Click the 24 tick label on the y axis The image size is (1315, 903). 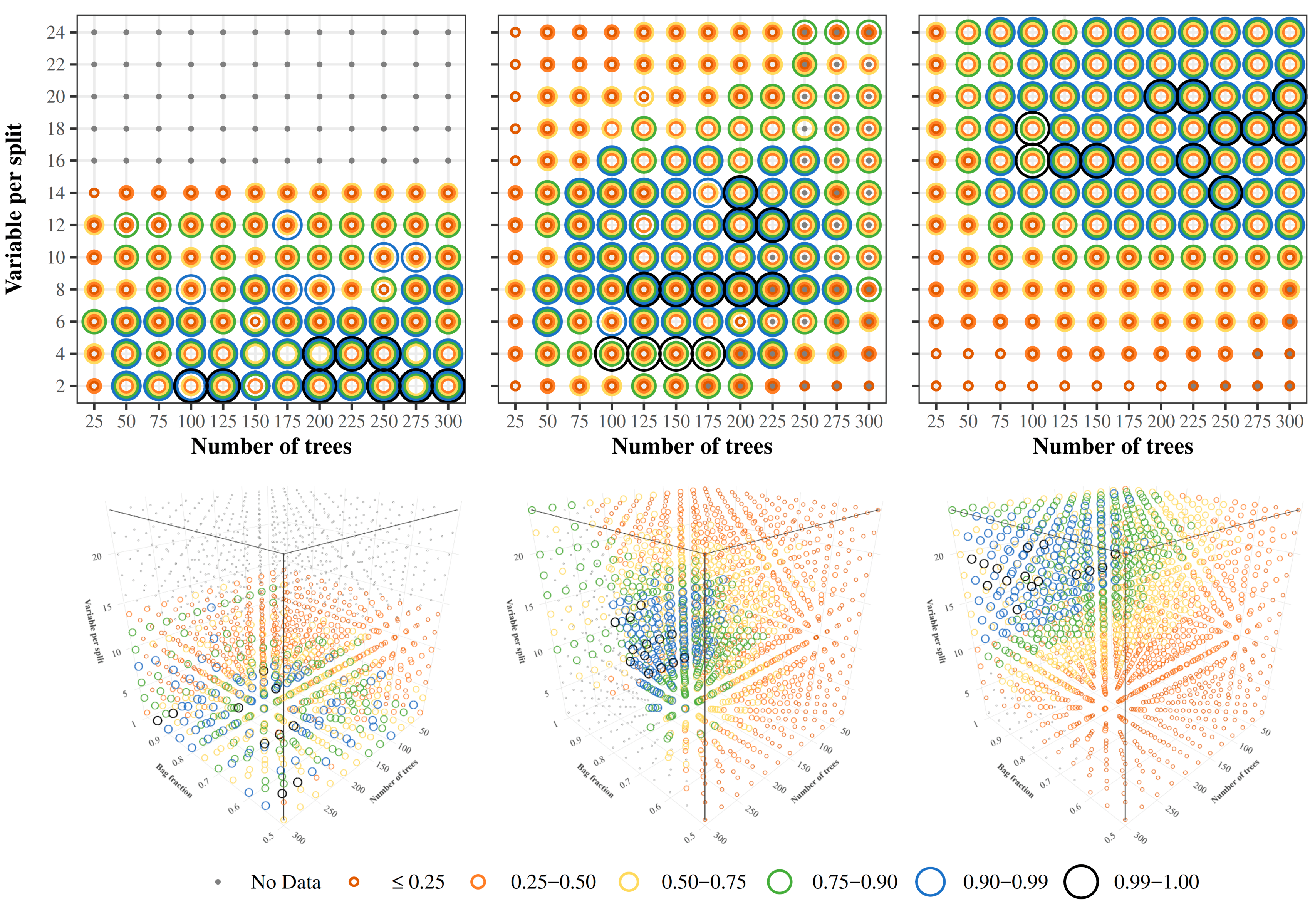click(55, 32)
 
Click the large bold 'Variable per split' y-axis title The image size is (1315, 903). click(13, 209)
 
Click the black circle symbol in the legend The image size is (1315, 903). click(1081, 881)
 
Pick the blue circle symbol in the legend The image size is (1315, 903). click(930, 881)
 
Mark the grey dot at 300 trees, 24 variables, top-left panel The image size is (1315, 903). click(448, 32)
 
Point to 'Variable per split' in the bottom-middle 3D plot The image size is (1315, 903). click(515, 631)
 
